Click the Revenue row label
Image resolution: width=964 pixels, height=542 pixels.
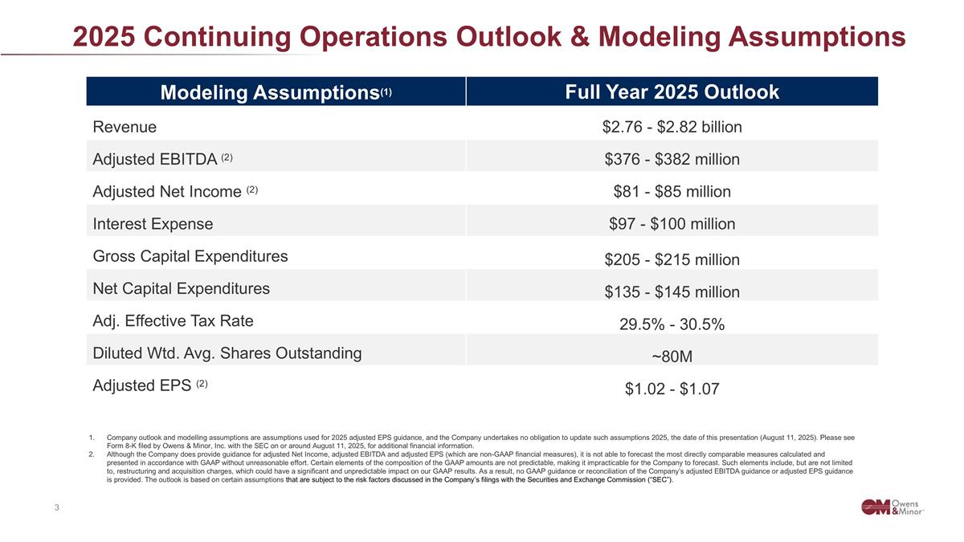tap(125, 127)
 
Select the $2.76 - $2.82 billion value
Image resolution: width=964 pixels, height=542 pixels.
tap(672, 127)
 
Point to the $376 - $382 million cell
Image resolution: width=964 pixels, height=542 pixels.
tap(672, 160)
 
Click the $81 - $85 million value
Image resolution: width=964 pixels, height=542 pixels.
tap(672, 191)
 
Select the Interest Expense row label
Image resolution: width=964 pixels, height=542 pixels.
tap(153, 223)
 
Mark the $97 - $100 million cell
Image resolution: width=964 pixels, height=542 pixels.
tap(672, 224)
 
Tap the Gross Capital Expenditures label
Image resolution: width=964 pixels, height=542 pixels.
tap(190, 256)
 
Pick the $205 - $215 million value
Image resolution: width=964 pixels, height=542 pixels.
tap(672, 260)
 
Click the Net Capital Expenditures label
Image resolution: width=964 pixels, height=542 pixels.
tap(182, 288)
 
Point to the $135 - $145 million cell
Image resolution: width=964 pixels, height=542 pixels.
tap(672, 292)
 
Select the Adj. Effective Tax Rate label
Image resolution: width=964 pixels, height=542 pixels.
tap(174, 321)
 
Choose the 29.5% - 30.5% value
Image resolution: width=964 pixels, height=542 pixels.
tap(672, 324)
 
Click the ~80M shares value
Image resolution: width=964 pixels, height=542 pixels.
tap(672, 357)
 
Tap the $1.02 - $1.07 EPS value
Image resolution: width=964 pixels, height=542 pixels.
tap(672, 389)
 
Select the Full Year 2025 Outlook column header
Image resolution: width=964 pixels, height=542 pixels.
tap(672, 92)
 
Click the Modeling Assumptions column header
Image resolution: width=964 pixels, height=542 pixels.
tap(276, 92)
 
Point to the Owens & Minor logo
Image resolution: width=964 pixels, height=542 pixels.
tap(892, 507)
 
